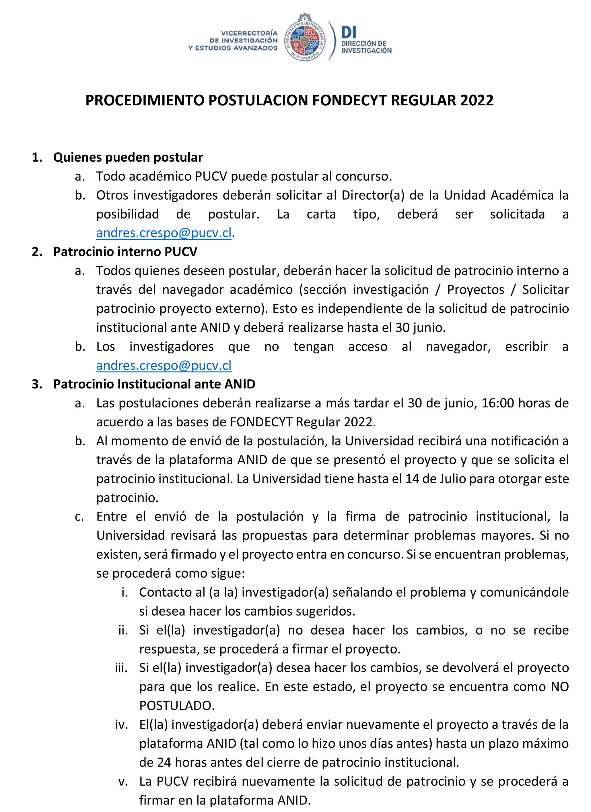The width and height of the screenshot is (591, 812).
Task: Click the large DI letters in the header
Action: coord(349,32)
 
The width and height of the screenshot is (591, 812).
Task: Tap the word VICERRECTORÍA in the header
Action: coord(249,33)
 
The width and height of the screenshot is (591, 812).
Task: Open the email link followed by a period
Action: coord(164,233)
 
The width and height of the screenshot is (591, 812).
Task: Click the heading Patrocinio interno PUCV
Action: coord(125,252)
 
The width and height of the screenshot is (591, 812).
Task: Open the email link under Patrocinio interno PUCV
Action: coord(164,366)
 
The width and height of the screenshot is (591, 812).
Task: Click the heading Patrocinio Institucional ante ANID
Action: coord(154,384)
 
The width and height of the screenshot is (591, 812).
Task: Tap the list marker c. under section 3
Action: coord(79,517)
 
